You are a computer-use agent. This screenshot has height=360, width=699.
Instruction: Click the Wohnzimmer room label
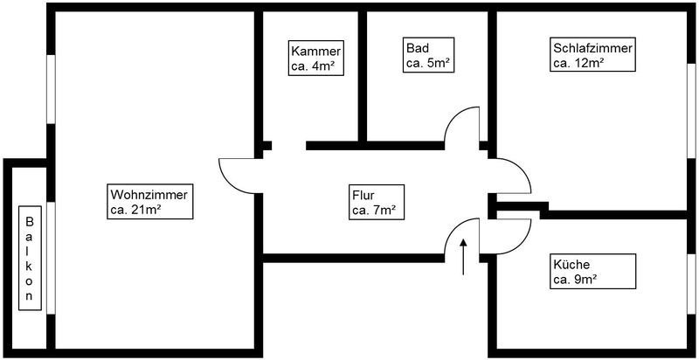(x=149, y=202)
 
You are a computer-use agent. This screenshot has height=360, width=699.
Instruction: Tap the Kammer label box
(x=316, y=58)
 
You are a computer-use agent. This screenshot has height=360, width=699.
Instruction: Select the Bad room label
(x=428, y=55)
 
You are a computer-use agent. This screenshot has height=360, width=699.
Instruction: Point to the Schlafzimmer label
(x=593, y=54)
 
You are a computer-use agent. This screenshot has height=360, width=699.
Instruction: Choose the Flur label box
(x=377, y=202)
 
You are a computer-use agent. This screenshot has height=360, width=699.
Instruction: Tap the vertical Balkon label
(x=30, y=258)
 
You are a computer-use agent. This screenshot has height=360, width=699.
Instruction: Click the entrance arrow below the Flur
(x=463, y=257)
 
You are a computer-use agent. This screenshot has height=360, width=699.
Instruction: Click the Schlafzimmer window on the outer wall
(x=691, y=110)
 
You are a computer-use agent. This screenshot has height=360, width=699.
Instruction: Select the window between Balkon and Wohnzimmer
(x=51, y=258)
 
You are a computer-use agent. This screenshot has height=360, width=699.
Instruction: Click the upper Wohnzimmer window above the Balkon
(x=51, y=89)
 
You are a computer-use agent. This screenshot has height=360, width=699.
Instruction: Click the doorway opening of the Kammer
(x=289, y=146)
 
